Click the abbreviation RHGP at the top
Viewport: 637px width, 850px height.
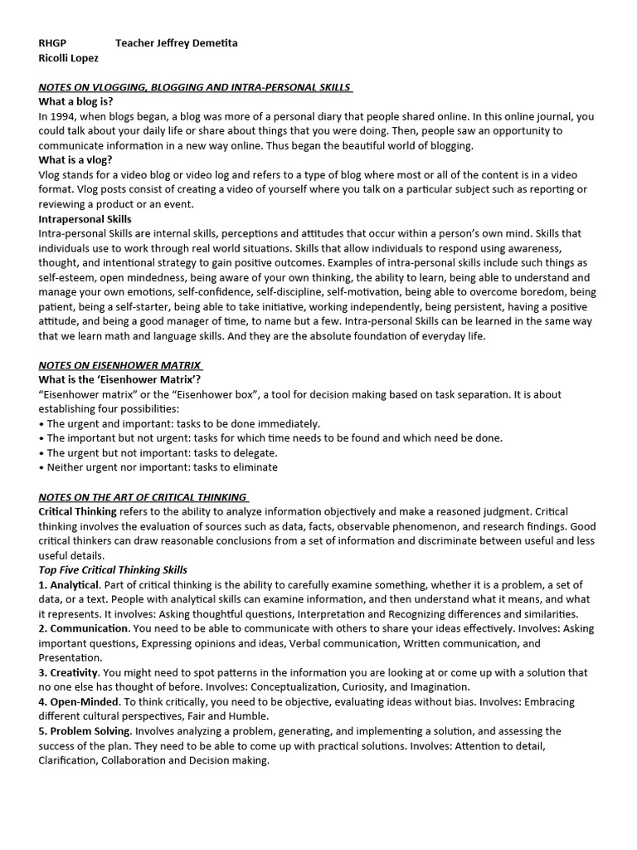52,43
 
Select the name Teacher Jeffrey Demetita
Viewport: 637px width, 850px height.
177,43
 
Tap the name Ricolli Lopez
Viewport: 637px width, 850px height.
69,58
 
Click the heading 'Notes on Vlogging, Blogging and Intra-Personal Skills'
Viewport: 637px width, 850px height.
195,87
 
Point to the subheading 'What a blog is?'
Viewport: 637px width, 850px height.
76,102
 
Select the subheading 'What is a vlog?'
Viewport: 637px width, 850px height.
76,160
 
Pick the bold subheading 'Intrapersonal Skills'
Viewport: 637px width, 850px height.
85,219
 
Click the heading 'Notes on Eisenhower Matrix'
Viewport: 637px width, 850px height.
120,365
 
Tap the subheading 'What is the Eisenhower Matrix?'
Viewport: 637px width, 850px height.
119,379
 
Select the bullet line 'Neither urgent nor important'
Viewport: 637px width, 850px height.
158,467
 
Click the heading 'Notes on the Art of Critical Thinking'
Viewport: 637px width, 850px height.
143,496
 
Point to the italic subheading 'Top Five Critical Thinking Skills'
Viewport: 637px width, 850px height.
113,569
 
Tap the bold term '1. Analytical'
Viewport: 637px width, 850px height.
69,584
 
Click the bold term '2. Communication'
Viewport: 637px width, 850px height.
83,628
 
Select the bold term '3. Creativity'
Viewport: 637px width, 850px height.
69,672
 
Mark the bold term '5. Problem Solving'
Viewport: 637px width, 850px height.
85,730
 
